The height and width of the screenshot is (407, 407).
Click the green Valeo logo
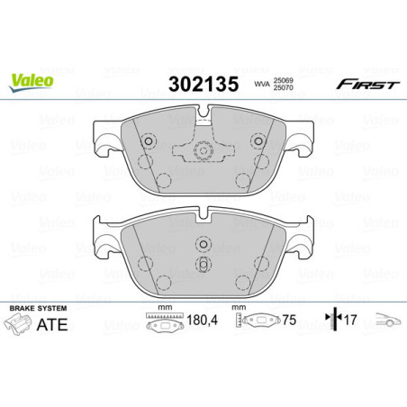pos(32,81)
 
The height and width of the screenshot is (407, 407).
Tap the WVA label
pos(263,86)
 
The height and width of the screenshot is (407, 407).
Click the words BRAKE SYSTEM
pos(33,309)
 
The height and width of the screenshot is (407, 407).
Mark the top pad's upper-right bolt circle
pos(258,140)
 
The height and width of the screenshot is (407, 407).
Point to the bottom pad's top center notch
pos(203,213)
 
